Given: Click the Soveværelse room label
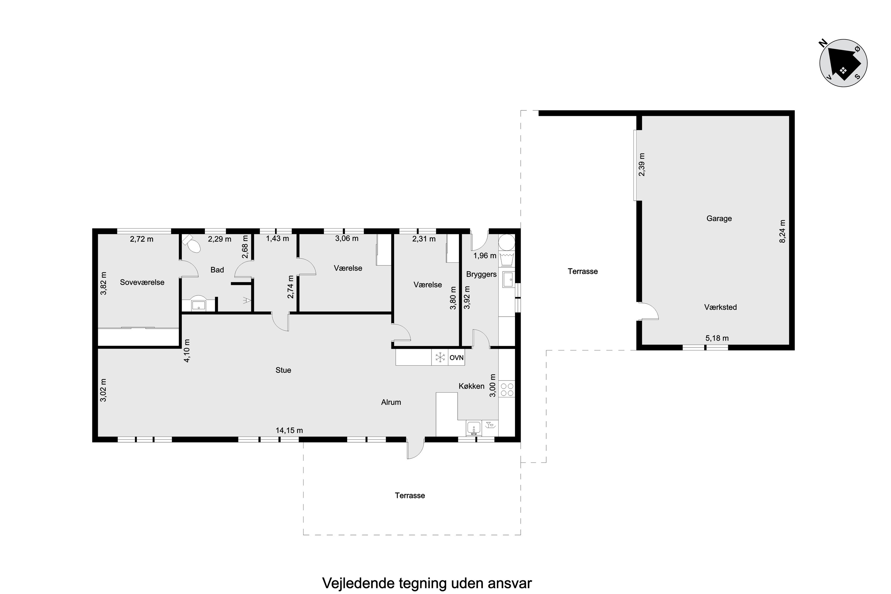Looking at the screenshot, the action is click(142, 282).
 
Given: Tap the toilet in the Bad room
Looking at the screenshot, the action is click(192, 244).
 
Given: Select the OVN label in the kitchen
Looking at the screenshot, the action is click(456, 358).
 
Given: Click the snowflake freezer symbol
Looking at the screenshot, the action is click(440, 357).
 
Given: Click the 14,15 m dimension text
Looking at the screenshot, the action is click(289, 430).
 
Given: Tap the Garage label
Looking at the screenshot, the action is click(719, 218).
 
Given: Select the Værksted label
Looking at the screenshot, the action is click(721, 307).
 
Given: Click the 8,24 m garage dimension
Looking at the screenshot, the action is click(783, 231).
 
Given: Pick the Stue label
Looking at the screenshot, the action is click(283, 370).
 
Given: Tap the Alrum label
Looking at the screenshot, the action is click(391, 402).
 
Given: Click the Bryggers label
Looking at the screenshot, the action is click(481, 274).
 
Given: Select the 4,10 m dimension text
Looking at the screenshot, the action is click(187, 350).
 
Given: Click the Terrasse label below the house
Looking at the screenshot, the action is click(410, 495).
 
